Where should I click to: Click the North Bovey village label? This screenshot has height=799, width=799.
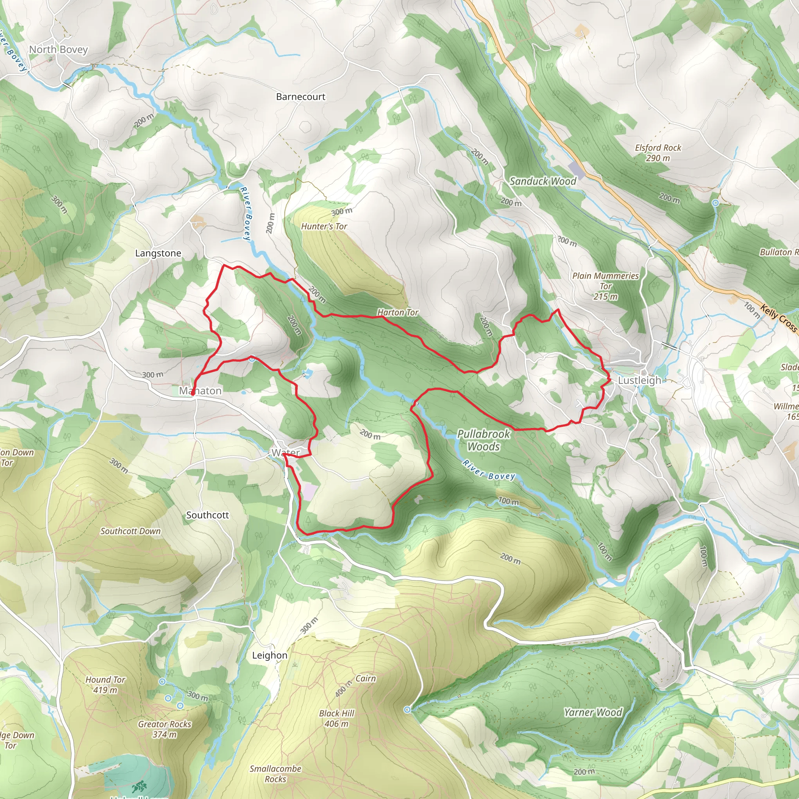(x=58, y=50)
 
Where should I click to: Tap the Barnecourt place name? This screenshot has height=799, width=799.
(x=301, y=97)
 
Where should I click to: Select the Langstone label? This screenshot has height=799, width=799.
(x=158, y=253)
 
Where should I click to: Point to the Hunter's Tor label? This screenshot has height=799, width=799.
(x=324, y=226)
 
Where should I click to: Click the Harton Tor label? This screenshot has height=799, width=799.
(x=398, y=312)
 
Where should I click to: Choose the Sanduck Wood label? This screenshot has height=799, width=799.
(x=543, y=181)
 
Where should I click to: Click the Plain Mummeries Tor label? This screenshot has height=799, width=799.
(x=605, y=286)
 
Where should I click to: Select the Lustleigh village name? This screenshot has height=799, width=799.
(x=639, y=380)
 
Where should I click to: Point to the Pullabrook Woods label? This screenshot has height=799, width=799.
(x=483, y=440)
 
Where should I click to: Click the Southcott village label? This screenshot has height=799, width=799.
(x=207, y=515)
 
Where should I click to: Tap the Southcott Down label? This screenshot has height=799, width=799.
(x=130, y=531)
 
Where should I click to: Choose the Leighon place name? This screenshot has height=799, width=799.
(x=270, y=655)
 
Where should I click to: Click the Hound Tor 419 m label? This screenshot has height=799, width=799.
(x=105, y=684)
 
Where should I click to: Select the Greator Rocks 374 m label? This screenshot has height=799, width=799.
(x=165, y=729)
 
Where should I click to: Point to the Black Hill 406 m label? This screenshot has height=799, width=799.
(x=337, y=718)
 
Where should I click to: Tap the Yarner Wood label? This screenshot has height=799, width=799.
(x=593, y=712)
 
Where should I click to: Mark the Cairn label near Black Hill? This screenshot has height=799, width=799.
(x=366, y=679)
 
